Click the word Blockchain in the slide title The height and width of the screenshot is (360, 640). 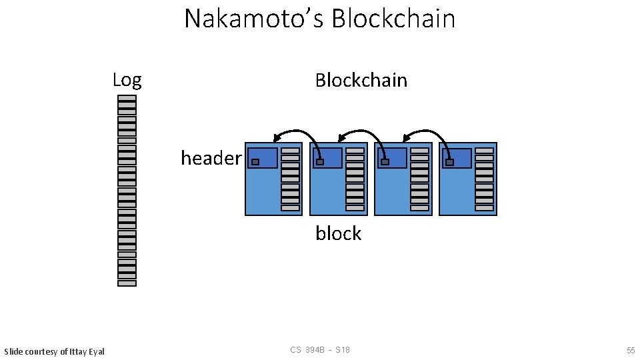coord(393,19)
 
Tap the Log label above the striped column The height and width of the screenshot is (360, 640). coord(127,81)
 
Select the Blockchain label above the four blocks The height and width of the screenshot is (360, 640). coord(361,81)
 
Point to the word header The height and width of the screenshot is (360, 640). coord(211,159)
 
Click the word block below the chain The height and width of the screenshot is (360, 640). coord(338,234)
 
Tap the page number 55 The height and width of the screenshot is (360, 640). coord(630,351)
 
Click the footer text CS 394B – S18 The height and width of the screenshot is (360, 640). coord(320,351)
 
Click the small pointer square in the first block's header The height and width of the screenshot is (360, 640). coord(255,162)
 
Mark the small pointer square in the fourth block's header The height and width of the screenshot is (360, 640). coord(449,162)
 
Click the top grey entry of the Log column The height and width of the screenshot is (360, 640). coord(127,98)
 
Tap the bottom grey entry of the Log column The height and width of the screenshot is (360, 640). coord(127,283)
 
